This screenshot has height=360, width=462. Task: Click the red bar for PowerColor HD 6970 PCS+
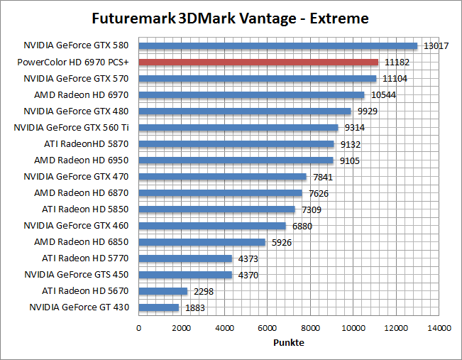258,62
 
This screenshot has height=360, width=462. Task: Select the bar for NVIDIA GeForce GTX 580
277,45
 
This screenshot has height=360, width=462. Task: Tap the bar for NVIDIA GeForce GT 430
158,307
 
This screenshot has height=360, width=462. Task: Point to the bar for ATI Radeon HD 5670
163,291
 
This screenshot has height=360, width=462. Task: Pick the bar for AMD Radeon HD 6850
202,242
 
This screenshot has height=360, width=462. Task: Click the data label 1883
195,308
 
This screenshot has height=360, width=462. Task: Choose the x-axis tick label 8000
310,328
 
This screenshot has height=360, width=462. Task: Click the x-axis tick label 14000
439,328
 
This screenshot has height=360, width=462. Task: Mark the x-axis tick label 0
138,328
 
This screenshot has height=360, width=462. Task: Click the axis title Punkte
289,343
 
